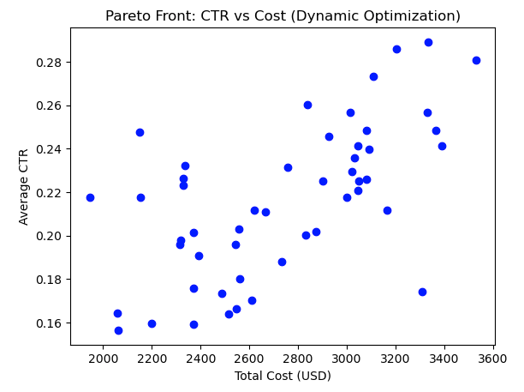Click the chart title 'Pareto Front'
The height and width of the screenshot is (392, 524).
282,15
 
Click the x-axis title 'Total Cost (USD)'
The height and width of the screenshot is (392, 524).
282,376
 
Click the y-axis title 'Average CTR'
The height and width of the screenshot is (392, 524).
24,186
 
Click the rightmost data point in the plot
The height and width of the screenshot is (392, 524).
476,60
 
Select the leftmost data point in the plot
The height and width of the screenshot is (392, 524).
90,197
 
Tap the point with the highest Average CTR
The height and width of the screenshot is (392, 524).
428,42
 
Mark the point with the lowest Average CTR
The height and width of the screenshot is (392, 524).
118,330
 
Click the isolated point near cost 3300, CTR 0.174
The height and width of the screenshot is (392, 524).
422,292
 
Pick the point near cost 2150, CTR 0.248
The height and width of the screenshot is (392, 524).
140,132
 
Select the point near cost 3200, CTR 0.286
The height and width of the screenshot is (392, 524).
396,49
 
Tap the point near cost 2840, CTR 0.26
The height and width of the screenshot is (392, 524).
307,105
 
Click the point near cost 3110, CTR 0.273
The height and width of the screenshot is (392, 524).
373,76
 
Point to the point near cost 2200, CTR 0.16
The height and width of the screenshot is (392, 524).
152,323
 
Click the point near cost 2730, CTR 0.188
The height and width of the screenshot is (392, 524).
282,262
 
